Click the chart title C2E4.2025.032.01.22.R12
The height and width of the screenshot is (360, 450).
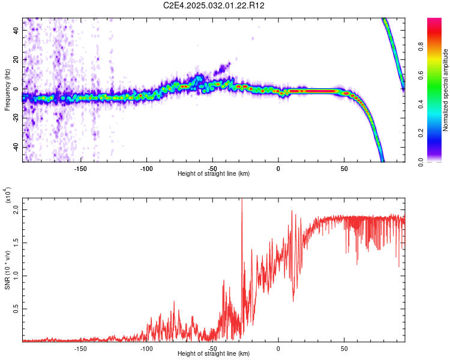tap(214, 5)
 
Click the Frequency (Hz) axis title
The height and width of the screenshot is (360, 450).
tap(7, 90)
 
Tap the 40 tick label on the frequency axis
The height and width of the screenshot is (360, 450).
tap(16, 31)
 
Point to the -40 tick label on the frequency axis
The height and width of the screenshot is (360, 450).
tap(16, 147)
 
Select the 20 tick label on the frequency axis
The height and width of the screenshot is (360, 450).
tap(16, 60)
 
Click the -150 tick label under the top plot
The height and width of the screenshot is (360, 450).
tap(80, 169)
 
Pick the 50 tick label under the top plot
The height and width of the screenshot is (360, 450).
tap(344, 169)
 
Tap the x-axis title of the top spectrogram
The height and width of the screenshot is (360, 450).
tap(214, 173)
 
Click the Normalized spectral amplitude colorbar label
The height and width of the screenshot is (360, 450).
tap(445, 90)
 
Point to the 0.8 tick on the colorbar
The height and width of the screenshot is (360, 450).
tap(421, 47)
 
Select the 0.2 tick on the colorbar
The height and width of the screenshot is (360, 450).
tap(421, 133)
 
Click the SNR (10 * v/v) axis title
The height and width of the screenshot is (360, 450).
tap(7, 270)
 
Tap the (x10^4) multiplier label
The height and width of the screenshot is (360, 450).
tap(8, 195)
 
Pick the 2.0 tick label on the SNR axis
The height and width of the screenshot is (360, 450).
tap(16, 210)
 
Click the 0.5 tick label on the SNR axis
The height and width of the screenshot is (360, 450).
tap(16, 309)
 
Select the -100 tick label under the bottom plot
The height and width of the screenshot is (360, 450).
tap(146, 349)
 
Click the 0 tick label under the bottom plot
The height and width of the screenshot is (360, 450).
tap(278, 349)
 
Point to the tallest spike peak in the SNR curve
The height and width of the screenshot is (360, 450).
tap(242, 199)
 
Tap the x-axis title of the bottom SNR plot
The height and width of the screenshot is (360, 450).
tap(214, 353)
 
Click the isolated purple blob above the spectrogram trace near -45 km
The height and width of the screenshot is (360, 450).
tap(223, 68)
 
